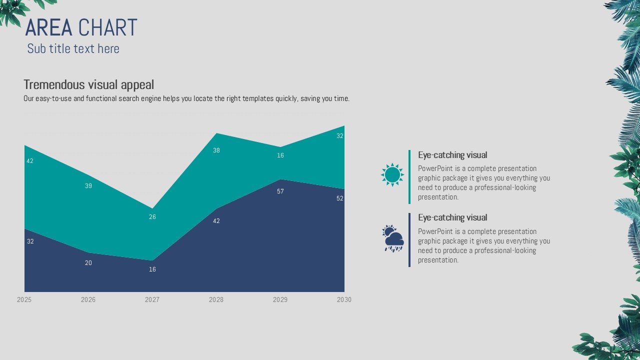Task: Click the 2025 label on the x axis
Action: point(24,299)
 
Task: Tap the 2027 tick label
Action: point(152,299)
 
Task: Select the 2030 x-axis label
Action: point(344,299)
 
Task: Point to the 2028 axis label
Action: point(216,299)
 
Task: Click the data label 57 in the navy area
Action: point(280,191)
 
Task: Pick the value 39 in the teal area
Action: point(88,186)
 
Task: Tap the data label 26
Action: point(152,217)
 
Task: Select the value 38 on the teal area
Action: point(216,150)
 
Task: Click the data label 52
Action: point(340,198)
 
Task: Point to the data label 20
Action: point(88,263)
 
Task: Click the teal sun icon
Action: point(392,175)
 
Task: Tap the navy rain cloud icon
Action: point(393,238)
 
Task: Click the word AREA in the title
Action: point(49,28)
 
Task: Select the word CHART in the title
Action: point(107,28)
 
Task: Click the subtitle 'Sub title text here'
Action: point(73,48)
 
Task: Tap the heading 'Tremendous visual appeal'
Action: point(88,84)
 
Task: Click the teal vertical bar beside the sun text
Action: point(409,177)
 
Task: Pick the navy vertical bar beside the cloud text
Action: point(409,240)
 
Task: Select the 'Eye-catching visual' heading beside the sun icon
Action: point(452,155)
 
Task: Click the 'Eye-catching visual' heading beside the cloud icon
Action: point(452,217)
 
